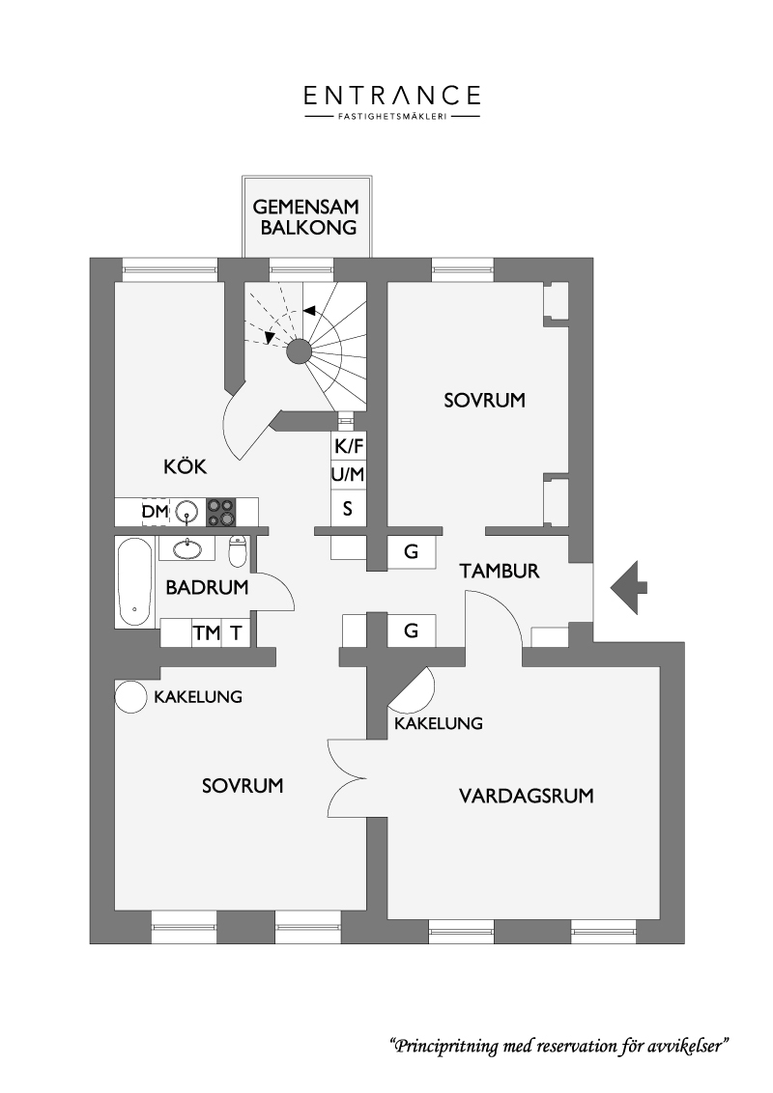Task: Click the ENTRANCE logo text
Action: tap(392, 96)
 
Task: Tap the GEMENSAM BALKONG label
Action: tap(305, 217)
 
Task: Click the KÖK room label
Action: tap(186, 466)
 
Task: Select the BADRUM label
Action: tap(207, 587)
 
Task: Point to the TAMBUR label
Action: tap(500, 571)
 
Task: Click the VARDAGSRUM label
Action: tap(526, 796)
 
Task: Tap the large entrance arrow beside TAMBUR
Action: tap(629, 587)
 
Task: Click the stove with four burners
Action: tap(221, 512)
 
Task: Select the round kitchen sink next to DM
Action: tap(187, 512)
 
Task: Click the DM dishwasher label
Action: tap(156, 512)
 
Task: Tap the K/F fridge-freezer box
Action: tap(348, 445)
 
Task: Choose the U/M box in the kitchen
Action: tap(348, 475)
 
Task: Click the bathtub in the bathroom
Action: tap(134, 583)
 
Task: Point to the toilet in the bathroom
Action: tap(239, 551)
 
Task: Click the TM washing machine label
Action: tap(207, 633)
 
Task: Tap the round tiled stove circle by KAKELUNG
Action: tap(129, 696)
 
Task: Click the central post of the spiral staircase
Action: tap(299, 352)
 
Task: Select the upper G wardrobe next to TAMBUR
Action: tap(412, 552)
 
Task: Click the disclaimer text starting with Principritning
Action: tap(558, 1046)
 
